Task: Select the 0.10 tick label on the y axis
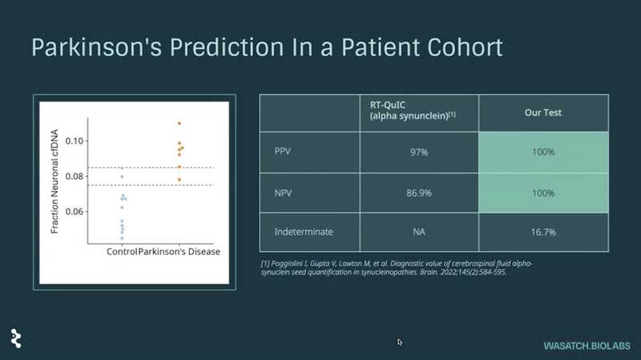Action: pyautogui.click(x=74, y=141)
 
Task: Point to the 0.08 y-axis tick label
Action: pyautogui.click(x=74, y=176)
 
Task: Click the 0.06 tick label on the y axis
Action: pyautogui.click(x=74, y=212)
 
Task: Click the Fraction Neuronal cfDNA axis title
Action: pyautogui.click(x=54, y=181)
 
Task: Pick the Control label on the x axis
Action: pyautogui.click(x=122, y=252)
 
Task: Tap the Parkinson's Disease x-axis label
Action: pyautogui.click(x=179, y=252)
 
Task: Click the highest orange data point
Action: pyautogui.click(x=179, y=123)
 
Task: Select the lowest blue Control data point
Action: pyautogui.click(x=122, y=238)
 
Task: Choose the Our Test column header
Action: pyautogui.click(x=543, y=112)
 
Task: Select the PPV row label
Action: pyautogui.click(x=283, y=152)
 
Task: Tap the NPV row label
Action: pyautogui.click(x=283, y=192)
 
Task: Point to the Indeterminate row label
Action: pyautogui.click(x=304, y=232)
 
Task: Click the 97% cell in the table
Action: pyautogui.click(x=419, y=152)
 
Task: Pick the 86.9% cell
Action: pyautogui.click(x=419, y=193)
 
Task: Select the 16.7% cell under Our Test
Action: pyautogui.click(x=543, y=233)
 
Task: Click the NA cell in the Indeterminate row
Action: pyautogui.click(x=419, y=232)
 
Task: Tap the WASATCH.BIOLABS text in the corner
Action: pyautogui.click(x=587, y=346)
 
